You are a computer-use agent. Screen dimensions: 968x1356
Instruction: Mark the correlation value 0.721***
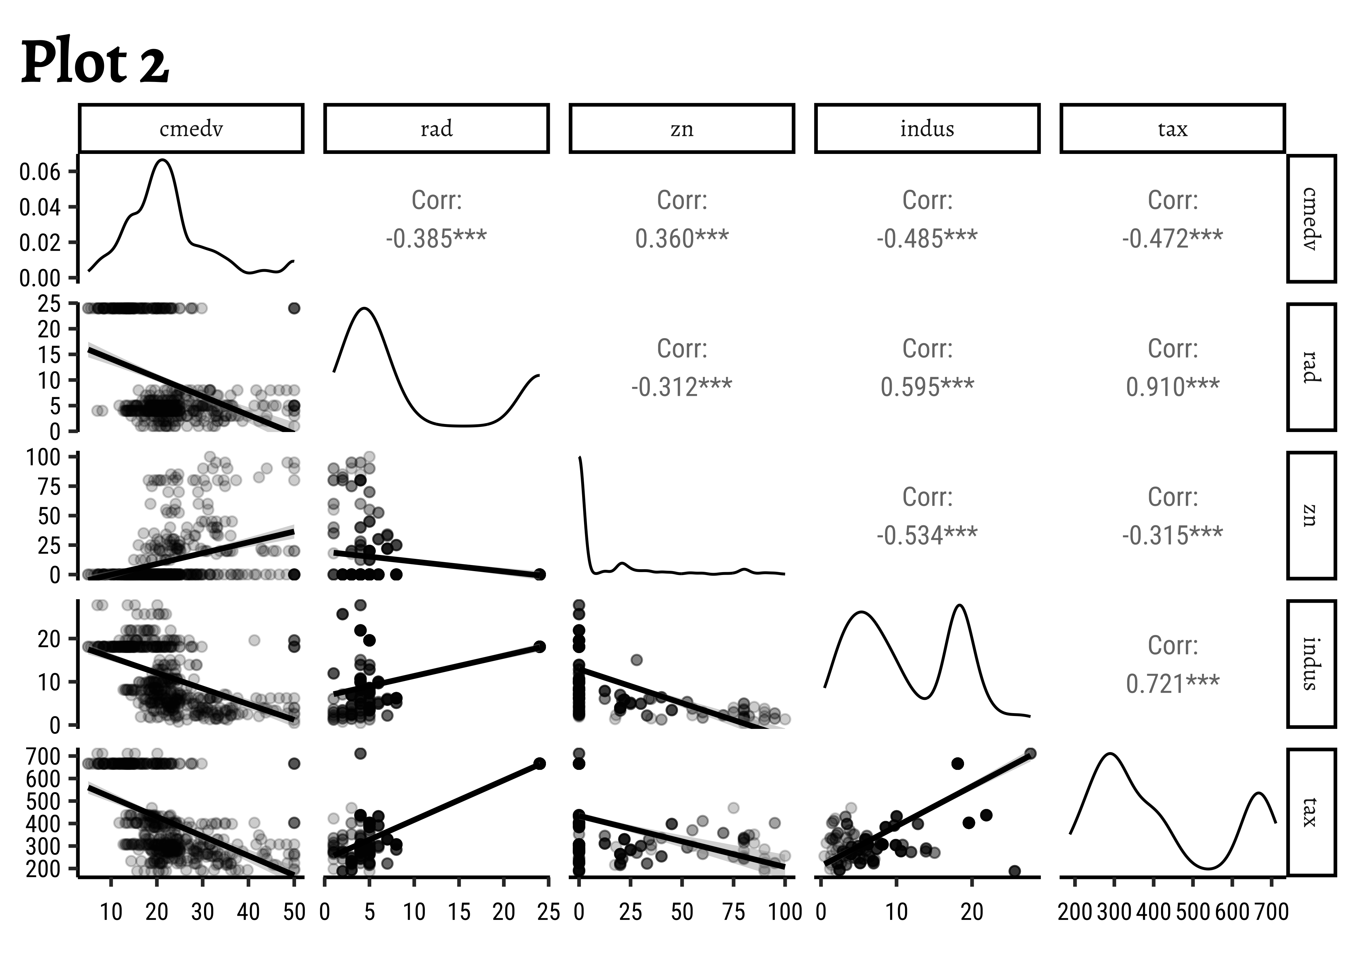tap(1172, 684)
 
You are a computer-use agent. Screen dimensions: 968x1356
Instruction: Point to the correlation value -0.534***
tap(927, 535)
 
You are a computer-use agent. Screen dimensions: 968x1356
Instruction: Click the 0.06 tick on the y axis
tap(39, 172)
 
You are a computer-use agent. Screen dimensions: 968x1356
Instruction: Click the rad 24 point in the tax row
tap(539, 763)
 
